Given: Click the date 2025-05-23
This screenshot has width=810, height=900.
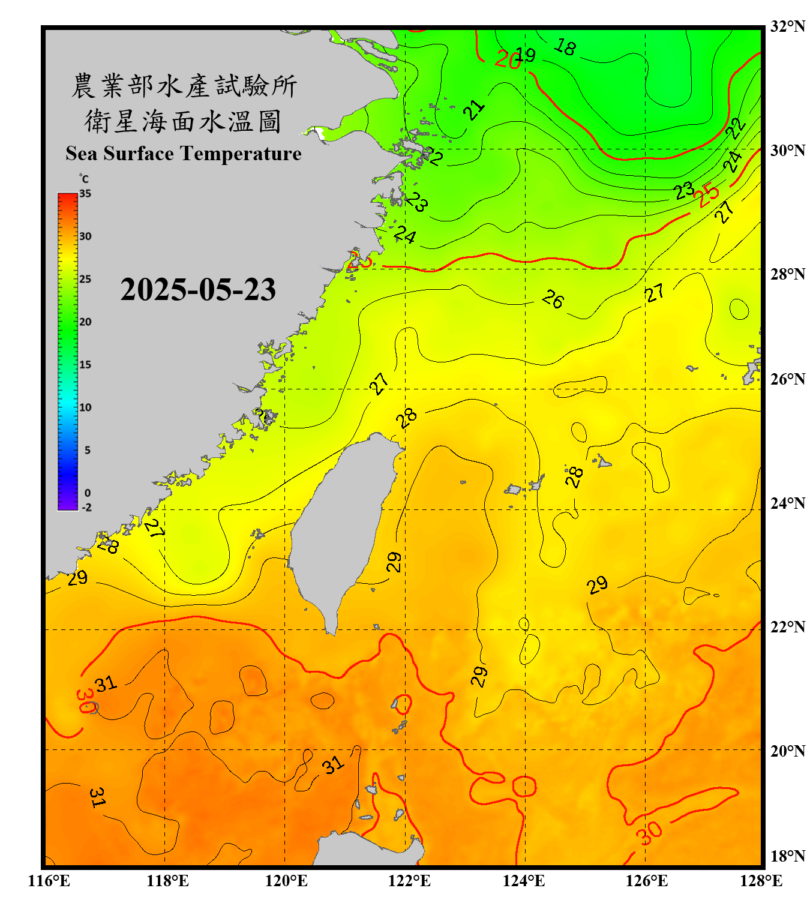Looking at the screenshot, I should coord(198,289).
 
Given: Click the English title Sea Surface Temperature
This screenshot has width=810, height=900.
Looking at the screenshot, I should coord(184,154).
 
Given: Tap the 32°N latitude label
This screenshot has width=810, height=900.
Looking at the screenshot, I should coord(788,26).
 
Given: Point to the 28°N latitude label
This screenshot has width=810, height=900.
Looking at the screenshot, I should coord(788,274).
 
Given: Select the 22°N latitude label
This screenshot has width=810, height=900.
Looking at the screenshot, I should coord(788,627).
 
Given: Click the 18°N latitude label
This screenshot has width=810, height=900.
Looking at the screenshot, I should coord(788,856).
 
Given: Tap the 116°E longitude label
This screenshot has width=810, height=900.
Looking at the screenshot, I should coord(49,881).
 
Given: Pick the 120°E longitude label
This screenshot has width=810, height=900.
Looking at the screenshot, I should coord(286,881).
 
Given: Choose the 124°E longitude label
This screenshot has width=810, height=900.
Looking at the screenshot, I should coord(524,881).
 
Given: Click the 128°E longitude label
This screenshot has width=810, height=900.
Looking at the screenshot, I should coord(761,881).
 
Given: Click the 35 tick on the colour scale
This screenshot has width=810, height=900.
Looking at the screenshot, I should coord(85,194).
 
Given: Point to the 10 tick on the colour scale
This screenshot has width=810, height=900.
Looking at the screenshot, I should coord(85,407).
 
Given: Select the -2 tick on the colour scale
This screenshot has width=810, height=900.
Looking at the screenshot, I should coord(86,507).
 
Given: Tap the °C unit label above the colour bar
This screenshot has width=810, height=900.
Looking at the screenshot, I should coord(83,179).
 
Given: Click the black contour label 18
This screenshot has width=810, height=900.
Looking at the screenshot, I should coord(565,46).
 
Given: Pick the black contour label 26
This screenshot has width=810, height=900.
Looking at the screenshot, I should coord(553,299).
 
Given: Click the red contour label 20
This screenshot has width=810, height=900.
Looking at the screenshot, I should coord(508,59).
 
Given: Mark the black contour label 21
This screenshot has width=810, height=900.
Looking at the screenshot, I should coord(474,110).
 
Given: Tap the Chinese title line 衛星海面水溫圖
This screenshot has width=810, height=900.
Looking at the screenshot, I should coord(183,121).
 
